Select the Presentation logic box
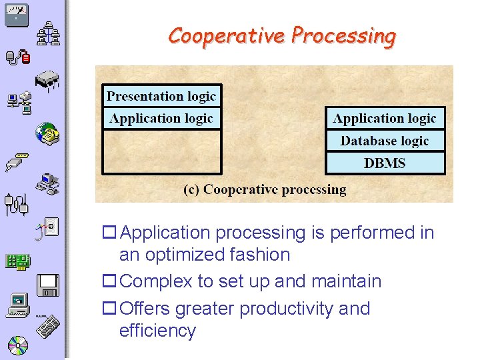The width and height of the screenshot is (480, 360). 161,96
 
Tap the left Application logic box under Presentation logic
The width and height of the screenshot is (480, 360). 161,119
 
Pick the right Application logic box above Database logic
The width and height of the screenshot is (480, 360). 385,119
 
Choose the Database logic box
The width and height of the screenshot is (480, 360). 385,141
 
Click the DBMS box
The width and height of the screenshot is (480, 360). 385,163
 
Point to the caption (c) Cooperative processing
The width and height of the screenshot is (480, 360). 265,189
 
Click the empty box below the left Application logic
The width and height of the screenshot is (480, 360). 161,151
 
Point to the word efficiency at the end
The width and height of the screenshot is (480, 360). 157,331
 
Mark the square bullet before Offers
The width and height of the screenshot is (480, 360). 108,309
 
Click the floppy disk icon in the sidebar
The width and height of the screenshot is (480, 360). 49,285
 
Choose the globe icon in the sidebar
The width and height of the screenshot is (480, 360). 47,133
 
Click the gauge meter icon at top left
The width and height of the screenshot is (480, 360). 16,15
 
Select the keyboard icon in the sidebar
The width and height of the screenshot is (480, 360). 48,327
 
